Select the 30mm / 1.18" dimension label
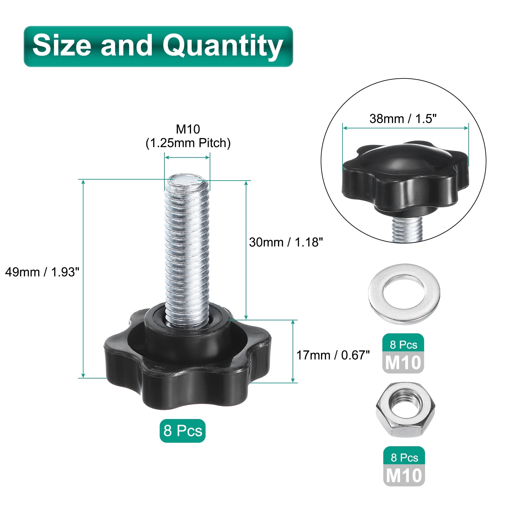[x=286, y=242]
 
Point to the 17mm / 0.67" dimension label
[x=333, y=355]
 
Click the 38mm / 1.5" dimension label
[x=403, y=119]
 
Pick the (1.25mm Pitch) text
[x=188, y=143]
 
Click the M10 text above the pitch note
[x=188, y=129]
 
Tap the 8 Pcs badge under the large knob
[x=182, y=431]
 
